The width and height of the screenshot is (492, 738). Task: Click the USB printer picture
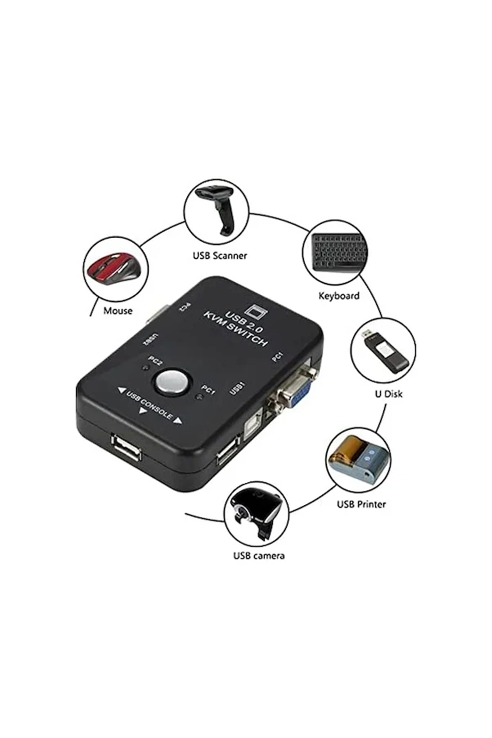pyautogui.click(x=358, y=460)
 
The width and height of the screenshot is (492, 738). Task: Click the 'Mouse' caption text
pyautogui.click(x=118, y=310)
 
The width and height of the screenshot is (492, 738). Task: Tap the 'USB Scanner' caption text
pyautogui.click(x=219, y=255)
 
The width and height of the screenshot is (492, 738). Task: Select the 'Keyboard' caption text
pyautogui.click(x=338, y=296)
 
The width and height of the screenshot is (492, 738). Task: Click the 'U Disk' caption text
pyautogui.click(x=389, y=394)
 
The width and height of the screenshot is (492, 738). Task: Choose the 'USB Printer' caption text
pyautogui.click(x=361, y=504)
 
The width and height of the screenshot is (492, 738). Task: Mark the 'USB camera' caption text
pyautogui.click(x=258, y=555)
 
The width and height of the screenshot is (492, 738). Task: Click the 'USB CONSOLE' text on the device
pyautogui.click(x=150, y=404)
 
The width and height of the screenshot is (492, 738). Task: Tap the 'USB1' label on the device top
pyautogui.click(x=237, y=388)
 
